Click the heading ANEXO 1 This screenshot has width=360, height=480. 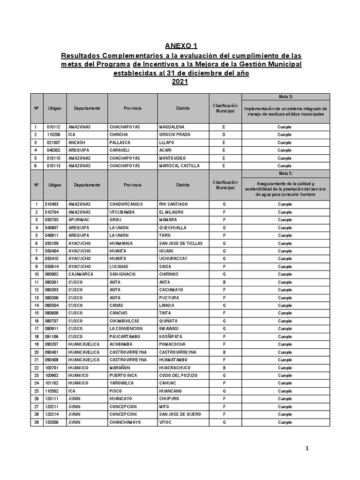click(181, 46)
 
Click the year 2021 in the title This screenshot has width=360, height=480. click(180, 82)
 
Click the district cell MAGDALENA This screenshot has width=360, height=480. click(172, 127)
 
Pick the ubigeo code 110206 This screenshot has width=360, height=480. click(54, 135)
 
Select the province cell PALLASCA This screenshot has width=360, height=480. click(120, 142)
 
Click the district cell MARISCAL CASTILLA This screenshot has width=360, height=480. click(179, 165)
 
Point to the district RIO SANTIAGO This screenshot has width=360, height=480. click(174, 204)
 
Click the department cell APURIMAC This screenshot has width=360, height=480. click(79, 220)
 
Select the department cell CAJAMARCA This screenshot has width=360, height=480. click(81, 274)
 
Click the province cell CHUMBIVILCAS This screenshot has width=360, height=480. click(124, 321)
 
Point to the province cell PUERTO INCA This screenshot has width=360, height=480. click(123, 375)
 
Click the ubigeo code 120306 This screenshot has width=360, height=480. click(53, 422)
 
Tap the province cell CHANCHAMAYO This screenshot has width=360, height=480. click(125, 422)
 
